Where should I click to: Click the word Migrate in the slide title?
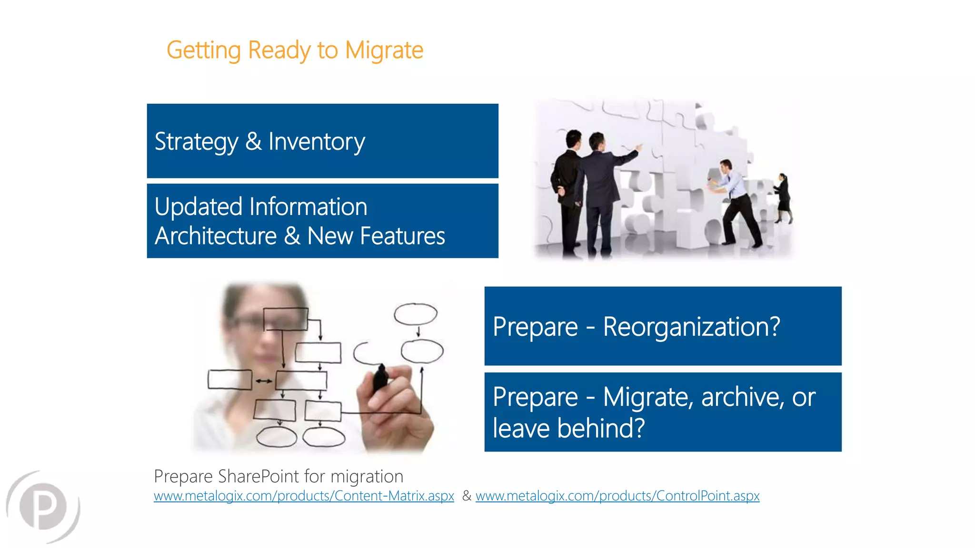[384, 50]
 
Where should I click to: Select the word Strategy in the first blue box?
[196, 142]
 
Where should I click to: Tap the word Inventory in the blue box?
[317, 142]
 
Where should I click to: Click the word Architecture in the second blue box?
[216, 236]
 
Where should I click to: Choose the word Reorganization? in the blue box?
[691, 327]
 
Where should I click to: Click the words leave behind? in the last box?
[568, 428]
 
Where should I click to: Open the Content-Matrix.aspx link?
[304, 496]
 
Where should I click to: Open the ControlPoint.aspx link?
[617, 496]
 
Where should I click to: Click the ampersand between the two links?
[467, 496]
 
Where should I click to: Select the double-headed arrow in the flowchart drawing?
[263, 381]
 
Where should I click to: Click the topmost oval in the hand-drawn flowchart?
[415, 314]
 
